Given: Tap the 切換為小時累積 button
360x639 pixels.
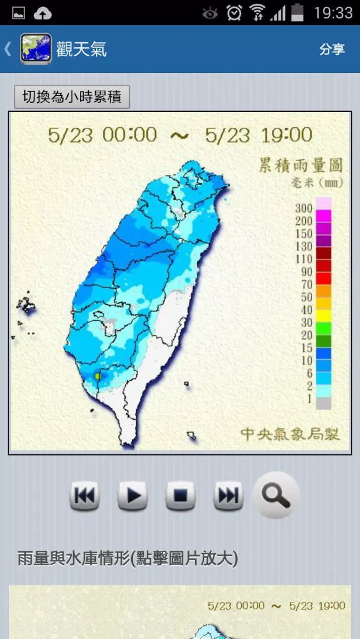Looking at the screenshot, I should (x=72, y=97).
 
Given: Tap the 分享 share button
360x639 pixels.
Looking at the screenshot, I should (x=332, y=49).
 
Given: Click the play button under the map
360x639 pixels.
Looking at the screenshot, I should (x=132, y=495).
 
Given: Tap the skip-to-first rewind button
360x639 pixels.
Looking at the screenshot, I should (x=85, y=495).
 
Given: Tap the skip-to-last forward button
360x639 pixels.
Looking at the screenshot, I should (x=228, y=495).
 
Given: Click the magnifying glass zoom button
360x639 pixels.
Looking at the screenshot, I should (x=276, y=495).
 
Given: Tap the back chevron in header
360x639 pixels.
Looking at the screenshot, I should (x=8, y=49).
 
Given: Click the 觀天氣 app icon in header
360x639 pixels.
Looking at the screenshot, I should (x=36, y=49).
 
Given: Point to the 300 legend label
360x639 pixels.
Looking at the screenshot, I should (x=304, y=208).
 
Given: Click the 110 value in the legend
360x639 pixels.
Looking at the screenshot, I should (x=304, y=259).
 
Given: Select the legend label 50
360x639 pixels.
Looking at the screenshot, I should (x=306, y=298).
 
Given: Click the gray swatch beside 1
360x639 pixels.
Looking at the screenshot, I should (x=324, y=403).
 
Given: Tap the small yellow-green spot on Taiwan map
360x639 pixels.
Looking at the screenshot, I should (x=97, y=377).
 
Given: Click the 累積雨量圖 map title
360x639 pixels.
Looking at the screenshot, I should (x=300, y=166).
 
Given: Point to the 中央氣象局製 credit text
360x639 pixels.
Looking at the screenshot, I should (x=290, y=435).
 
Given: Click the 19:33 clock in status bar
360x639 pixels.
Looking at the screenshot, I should (x=333, y=12).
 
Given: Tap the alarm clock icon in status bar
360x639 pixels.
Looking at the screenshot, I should (x=235, y=12).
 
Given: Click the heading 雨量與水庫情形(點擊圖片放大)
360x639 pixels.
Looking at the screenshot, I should (x=128, y=558).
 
